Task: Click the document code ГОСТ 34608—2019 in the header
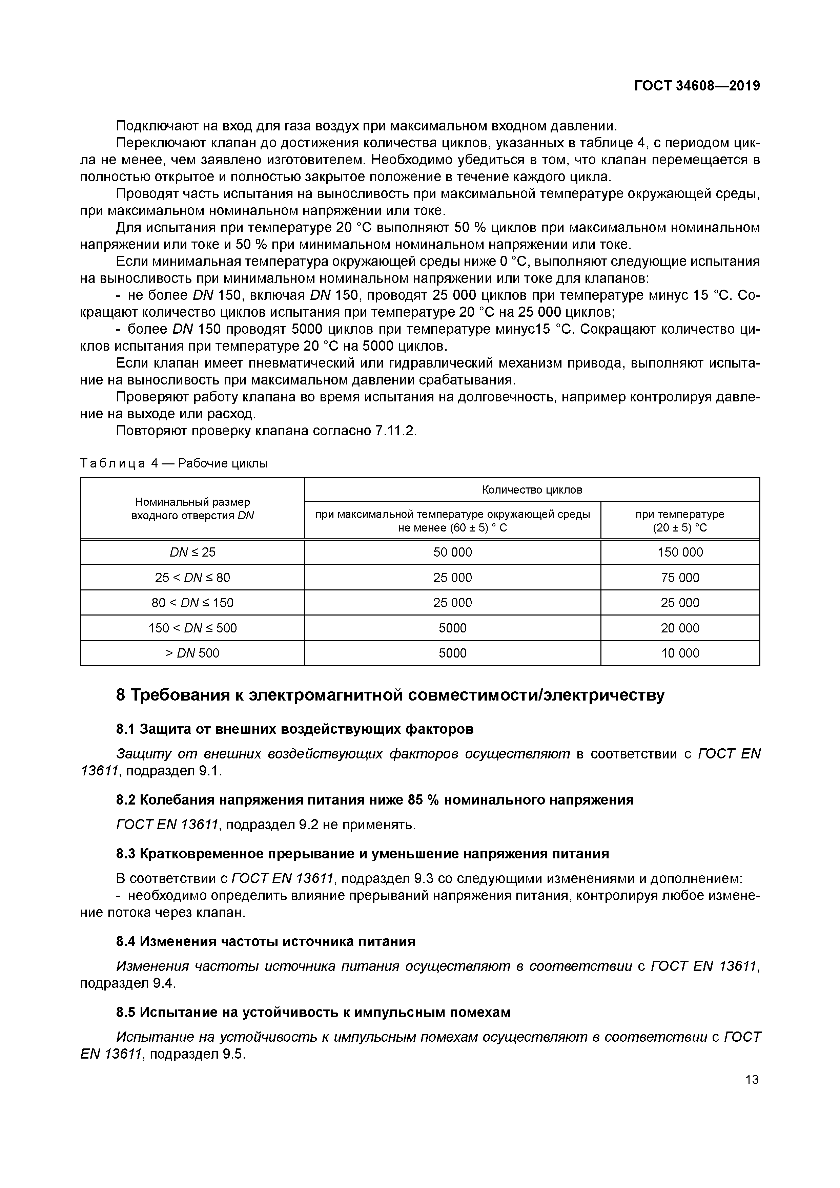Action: [697, 86]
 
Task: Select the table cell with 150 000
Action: [680, 552]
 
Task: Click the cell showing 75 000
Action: [680, 578]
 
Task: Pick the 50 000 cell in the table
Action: [452, 552]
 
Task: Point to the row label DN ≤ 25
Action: [192, 552]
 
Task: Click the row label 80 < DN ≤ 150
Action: [192, 603]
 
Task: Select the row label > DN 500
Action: [192, 653]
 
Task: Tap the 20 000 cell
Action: [680, 628]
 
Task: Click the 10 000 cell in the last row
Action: [680, 653]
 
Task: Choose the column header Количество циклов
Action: [532, 489]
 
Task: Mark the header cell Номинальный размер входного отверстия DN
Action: [192, 508]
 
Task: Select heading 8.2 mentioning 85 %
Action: [375, 800]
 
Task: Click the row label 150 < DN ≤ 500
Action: [192, 628]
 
